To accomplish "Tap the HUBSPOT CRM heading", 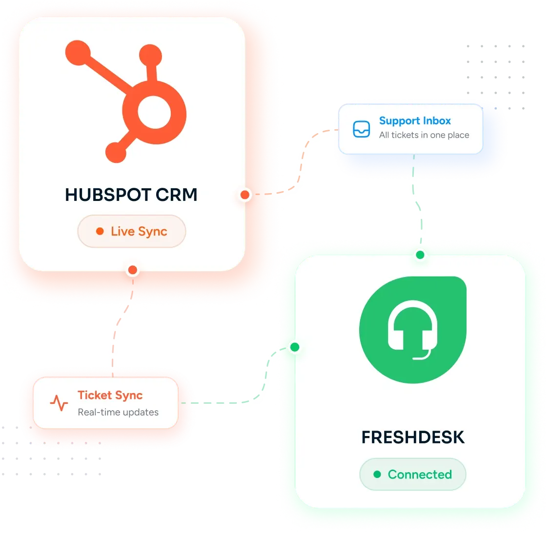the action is (131, 195).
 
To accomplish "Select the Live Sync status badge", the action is (132, 231).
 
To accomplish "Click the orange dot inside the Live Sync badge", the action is (100, 231).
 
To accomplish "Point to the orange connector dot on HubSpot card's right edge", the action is (245, 195).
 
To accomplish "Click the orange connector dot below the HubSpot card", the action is (133, 270).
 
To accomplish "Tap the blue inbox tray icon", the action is (361, 129).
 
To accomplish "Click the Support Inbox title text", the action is (415, 120).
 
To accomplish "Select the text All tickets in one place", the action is (424, 135).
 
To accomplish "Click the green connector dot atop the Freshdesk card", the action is (420, 255).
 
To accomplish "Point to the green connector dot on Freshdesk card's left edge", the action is (295, 347).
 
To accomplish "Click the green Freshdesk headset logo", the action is (413, 330).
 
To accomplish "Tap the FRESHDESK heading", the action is (413, 437).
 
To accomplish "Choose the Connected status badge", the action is (413, 474).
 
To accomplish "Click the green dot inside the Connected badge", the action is (377, 474).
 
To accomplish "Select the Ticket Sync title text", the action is (110, 396).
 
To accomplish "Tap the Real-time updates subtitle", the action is (118, 412).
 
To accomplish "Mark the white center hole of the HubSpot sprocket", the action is (154, 112).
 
